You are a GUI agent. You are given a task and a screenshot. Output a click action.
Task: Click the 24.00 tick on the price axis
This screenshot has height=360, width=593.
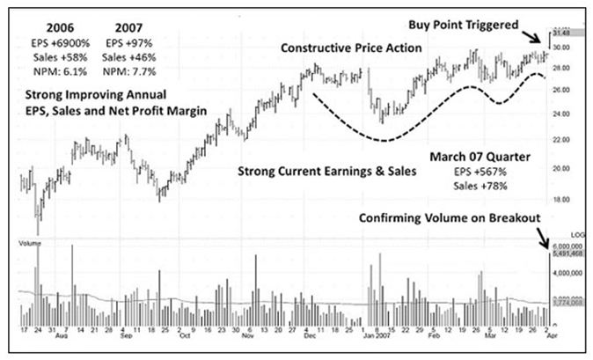tap(563, 114)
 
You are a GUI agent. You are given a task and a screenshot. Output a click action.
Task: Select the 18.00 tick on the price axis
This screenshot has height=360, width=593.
tap(563, 199)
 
